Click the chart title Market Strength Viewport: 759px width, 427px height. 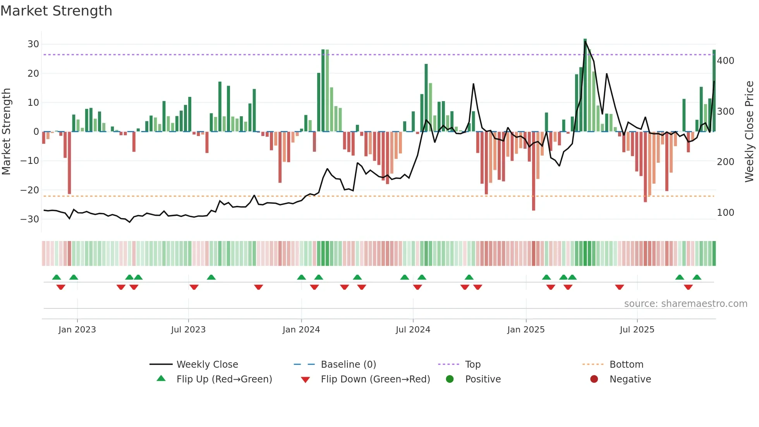point(56,11)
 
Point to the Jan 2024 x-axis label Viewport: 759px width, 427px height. point(301,330)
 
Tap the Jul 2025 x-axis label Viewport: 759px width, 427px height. point(637,330)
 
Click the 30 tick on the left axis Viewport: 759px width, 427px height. point(33,44)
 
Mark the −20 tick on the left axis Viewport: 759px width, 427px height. point(30,190)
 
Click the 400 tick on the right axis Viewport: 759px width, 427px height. point(725,61)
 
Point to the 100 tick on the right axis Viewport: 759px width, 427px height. point(725,213)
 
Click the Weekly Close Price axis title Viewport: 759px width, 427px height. point(749,132)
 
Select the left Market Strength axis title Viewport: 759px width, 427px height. point(7,132)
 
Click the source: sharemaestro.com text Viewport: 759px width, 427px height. point(685,304)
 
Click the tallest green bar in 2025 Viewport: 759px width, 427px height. point(585,85)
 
